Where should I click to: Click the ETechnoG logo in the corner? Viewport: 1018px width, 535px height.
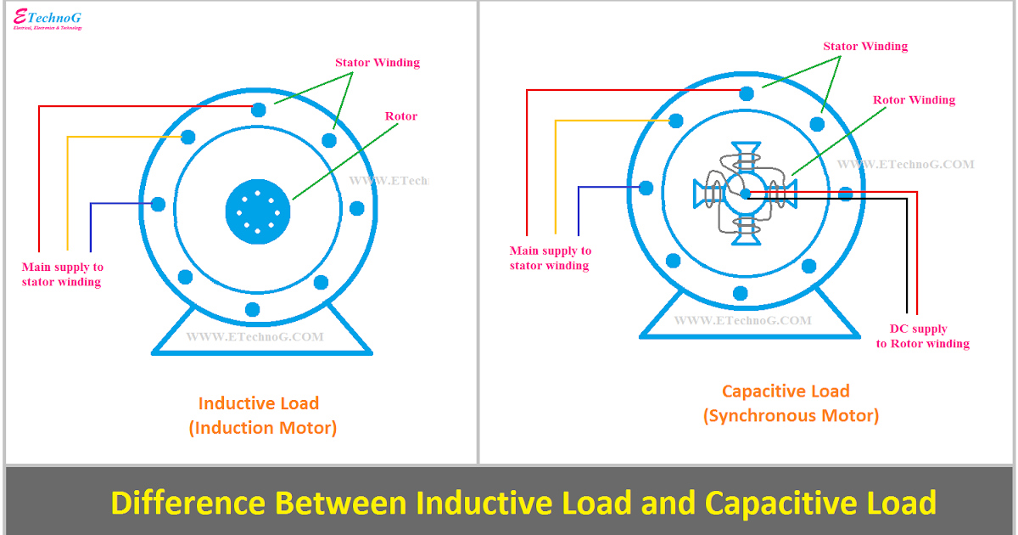[48, 20]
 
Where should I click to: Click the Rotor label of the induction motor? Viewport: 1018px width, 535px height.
[401, 116]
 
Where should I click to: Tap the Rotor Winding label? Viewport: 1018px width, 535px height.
[914, 100]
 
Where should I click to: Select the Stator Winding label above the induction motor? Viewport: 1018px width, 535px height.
[377, 63]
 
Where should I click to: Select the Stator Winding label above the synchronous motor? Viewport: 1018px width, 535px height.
[865, 47]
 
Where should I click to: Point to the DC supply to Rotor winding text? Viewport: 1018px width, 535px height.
[922, 336]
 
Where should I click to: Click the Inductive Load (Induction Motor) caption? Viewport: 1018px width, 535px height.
[261, 415]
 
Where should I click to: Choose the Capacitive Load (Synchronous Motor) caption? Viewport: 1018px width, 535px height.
[790, 403]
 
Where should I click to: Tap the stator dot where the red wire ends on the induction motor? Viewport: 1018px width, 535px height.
[259, 109]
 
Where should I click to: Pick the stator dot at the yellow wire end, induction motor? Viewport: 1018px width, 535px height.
[188, 137]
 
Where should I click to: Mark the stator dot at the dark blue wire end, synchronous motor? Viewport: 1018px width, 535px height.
[646, 188]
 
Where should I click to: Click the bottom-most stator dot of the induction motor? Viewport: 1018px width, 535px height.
[251, 309]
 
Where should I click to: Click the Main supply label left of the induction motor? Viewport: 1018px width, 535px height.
[62, 274]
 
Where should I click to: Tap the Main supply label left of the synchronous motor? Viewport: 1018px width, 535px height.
[550, 258]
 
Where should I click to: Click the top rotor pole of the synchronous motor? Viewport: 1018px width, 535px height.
[745, 155]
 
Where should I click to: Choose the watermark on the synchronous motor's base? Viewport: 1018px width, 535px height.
[742, 321]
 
